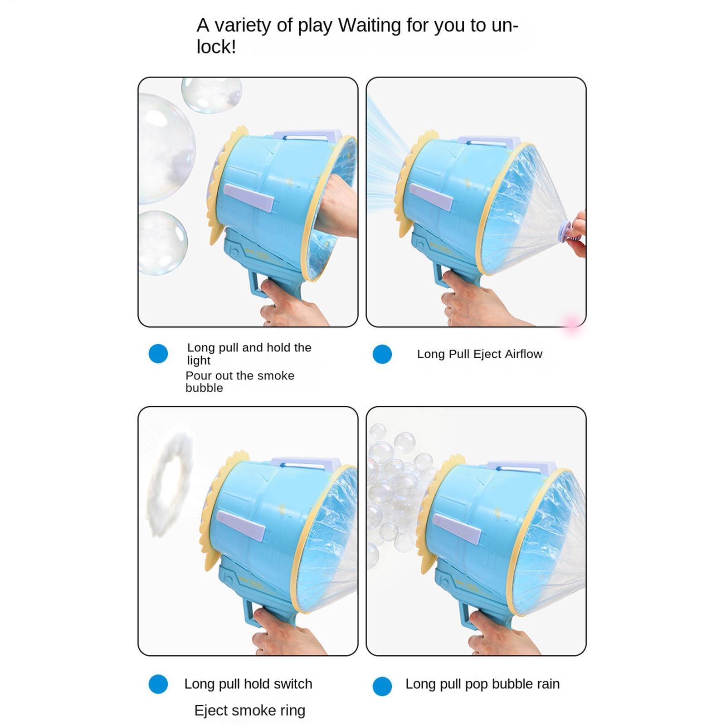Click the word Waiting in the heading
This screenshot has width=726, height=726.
coord(370,25)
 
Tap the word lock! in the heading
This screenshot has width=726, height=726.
coord(216,47)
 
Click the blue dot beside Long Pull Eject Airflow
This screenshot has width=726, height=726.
coord(382,354)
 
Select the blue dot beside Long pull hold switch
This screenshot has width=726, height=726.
coord(158,684)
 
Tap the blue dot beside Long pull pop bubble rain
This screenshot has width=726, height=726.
coord(382,686)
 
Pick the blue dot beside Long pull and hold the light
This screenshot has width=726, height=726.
coord(158,354)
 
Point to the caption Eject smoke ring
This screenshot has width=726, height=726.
coord(250,710)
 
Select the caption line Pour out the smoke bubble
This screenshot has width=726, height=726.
coord(240,382)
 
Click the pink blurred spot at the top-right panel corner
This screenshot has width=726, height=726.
coord(572,323)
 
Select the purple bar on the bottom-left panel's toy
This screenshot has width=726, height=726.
coord(241,526)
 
